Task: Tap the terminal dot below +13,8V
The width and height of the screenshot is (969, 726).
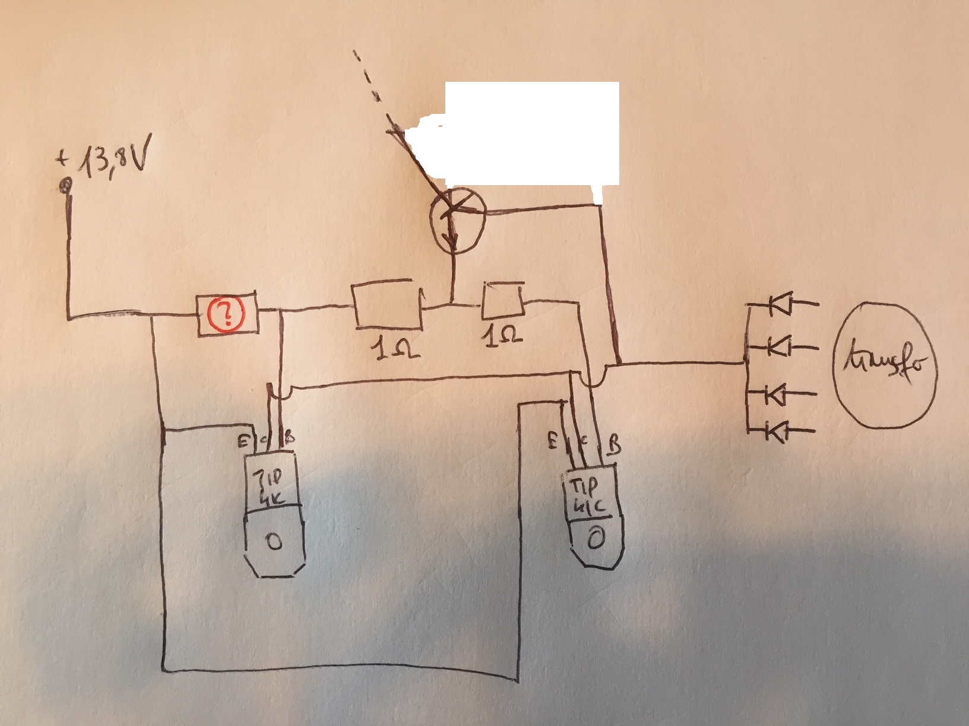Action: tap(66, 187)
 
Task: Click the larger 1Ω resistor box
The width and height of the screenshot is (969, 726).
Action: tap(387, 305)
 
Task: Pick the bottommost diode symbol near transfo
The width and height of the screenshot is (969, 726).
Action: tap(774, 431)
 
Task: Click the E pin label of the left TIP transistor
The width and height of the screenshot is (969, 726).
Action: tap(242, 441)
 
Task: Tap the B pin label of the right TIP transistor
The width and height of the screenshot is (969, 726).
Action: tap(614, 445)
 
